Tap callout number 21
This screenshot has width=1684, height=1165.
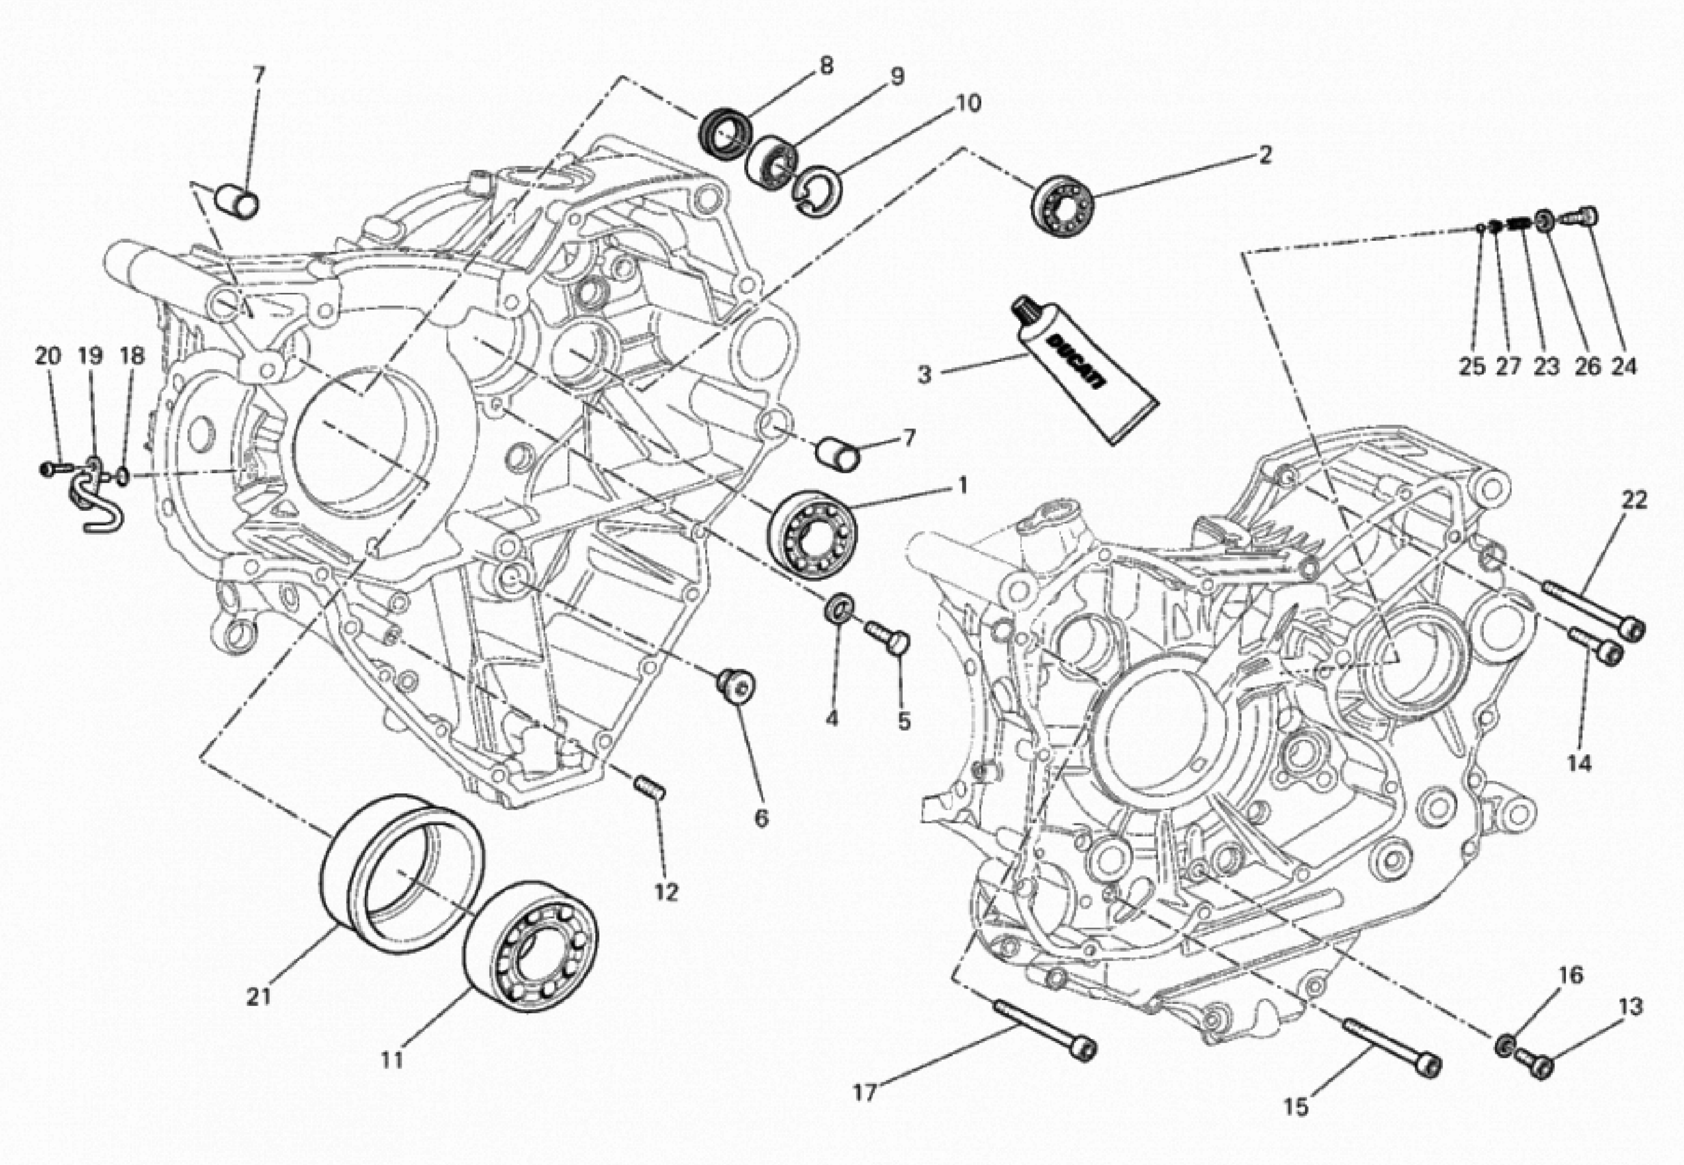(x=258, y=996)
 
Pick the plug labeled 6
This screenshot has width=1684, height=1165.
(x=736, y=686)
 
